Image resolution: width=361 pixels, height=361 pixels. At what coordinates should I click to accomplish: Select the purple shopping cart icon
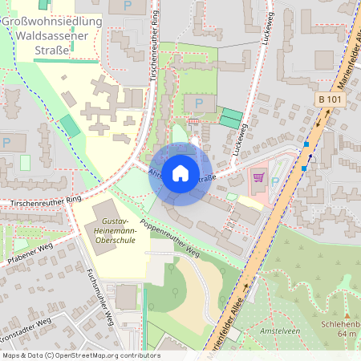point(258,176)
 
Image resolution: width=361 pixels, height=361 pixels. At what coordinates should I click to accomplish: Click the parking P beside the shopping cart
point(275,181)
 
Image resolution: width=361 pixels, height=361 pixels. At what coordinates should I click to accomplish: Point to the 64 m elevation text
point(346,333)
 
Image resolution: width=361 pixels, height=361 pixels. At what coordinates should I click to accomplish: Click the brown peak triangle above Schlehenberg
point(346,312)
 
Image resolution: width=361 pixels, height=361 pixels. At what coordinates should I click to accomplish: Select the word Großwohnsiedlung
point(53,21)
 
